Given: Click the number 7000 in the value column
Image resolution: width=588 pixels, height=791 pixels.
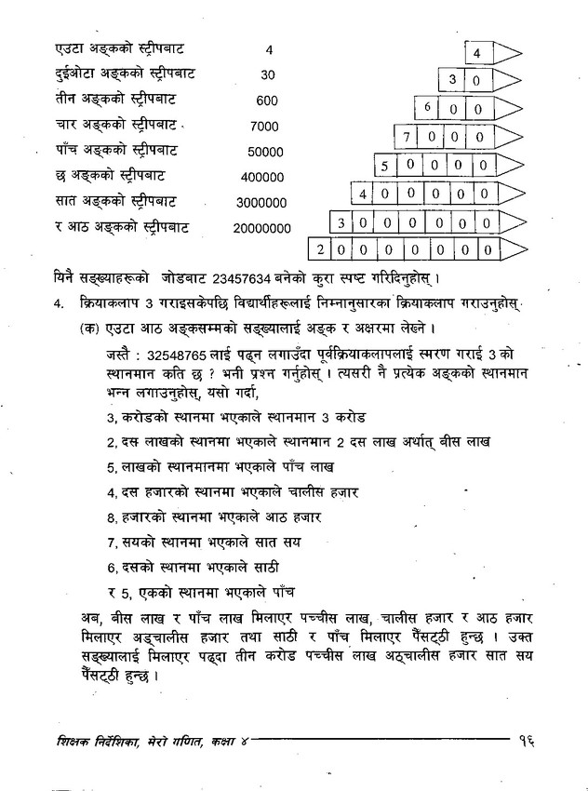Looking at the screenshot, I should click(x=265, y=126).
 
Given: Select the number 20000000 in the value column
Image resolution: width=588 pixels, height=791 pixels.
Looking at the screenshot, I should click(x=262, y=227).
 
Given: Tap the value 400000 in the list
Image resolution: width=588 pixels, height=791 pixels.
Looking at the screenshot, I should click(x=261, y=177).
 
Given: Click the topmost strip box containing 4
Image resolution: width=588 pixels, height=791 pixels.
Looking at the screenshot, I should click(x=476, y=53).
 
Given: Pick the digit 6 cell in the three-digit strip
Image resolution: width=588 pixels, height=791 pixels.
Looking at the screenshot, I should click(x=427, y=108).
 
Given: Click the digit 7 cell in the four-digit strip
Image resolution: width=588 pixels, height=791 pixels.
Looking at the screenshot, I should click(x=407, y=137).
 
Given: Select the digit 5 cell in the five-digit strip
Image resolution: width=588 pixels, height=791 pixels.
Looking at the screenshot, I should click(x=385, y=167).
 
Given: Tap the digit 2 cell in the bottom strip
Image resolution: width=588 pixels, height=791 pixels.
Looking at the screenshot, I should click(x=320, y=249).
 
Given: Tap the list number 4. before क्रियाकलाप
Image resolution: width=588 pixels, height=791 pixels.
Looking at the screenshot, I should click(x=59, y=303).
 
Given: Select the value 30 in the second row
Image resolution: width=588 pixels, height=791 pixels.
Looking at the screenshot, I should click(x=268, y=74).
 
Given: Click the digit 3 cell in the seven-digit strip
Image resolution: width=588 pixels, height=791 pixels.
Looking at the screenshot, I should click(x=341, y=222).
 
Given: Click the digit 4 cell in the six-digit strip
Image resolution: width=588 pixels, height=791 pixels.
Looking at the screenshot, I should click(x=364, y=194).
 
